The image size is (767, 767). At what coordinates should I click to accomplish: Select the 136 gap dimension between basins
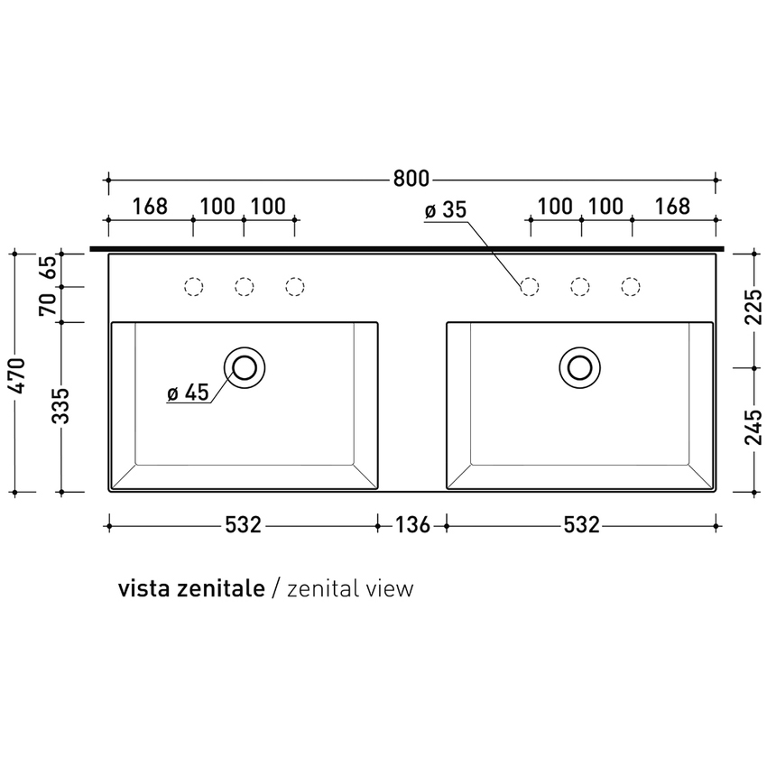[x=411, y=524]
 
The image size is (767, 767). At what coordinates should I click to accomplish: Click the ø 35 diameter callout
[x=444, y=210]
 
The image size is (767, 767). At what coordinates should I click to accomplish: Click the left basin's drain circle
[x=245, y=366]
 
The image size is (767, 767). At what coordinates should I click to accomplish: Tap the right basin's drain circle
[x=578, y=366]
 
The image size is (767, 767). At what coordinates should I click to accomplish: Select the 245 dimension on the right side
[x=753, y=429]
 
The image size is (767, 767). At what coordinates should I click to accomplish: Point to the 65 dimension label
[x=50, y=269]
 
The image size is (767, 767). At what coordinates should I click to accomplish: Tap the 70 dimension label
[x=50, y=304]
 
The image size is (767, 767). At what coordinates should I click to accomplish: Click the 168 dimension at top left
[x=150, y=207]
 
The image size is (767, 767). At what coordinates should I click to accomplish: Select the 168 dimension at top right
[x=672, y=207]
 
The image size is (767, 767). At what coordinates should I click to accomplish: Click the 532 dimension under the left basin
[x=243, y=524]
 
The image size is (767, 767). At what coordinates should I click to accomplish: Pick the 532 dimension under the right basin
[x=581, y=524]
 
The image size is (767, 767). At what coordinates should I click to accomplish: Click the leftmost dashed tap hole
[x=193, y=287]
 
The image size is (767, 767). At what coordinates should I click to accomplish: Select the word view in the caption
[x=391, y=589]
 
